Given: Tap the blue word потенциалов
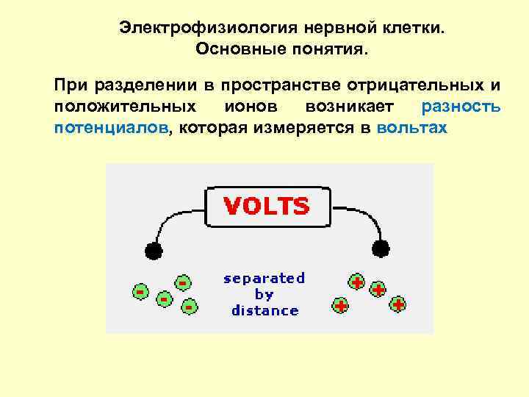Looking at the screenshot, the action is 111,127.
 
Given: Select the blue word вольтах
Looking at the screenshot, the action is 411,127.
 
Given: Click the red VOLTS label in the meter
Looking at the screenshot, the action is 266,206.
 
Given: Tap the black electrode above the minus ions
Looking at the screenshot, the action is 153,251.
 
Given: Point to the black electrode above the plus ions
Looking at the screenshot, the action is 381,246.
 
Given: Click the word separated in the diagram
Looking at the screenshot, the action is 264,278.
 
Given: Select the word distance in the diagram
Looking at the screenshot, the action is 264,310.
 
